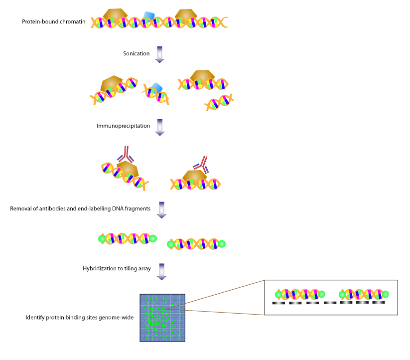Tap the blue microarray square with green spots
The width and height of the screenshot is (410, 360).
coord(162,318)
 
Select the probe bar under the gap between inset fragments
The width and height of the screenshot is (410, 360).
coord(330,303)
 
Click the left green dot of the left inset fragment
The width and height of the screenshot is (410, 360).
coord(278,294)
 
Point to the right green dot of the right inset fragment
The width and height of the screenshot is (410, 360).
coord(385,294)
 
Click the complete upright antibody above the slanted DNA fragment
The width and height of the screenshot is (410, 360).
coord(126,154)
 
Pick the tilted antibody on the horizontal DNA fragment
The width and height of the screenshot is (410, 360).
coord(201,164)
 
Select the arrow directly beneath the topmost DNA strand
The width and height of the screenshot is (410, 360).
coord(159,54)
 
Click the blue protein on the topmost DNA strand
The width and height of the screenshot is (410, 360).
coord(148,16)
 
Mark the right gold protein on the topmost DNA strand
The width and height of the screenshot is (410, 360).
coord(186,14)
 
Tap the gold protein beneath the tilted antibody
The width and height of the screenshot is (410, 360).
coord(194,176)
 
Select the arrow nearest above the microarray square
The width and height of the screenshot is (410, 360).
coord(161,271)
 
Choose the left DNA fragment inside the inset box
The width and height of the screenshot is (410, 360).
coord(300,294)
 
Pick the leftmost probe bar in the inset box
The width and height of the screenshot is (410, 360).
coord(278,303)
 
